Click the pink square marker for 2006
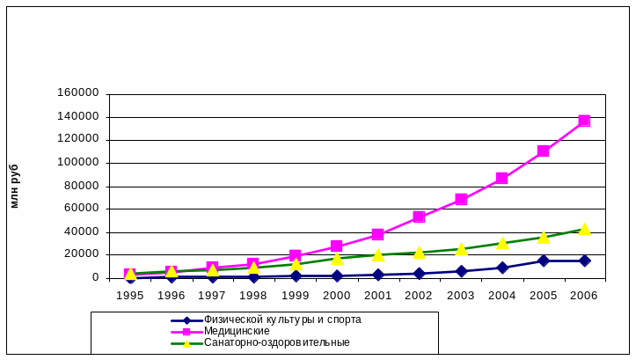[584, 121]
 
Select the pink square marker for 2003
[461, 200]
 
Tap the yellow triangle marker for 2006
[584, 229]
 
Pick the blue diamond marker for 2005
[544, 261]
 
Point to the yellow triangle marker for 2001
[378, 255]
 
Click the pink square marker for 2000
[337, 246]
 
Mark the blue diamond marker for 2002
[420, 274]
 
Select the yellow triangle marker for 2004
[502, 243]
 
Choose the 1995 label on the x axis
[130, 295]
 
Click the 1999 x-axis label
[296, 295]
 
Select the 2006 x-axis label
[584, 295]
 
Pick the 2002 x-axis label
[420, 295]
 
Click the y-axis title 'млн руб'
[14, 186]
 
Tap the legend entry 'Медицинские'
[237, 331]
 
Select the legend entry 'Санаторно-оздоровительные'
[276, 342]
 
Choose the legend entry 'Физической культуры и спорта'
[282, 320]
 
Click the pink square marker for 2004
[502, 178]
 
